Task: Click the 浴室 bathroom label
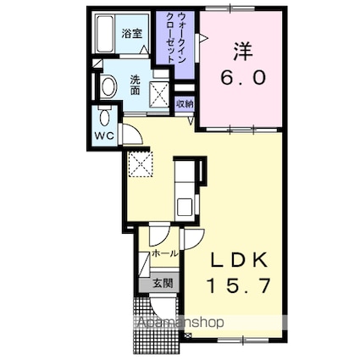point(131,35)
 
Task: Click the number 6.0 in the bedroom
point(244,77)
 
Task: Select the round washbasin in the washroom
point(108,86)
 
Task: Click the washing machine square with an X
point(158,91)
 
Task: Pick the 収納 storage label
point(185,103)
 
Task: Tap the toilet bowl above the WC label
point(104,118)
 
